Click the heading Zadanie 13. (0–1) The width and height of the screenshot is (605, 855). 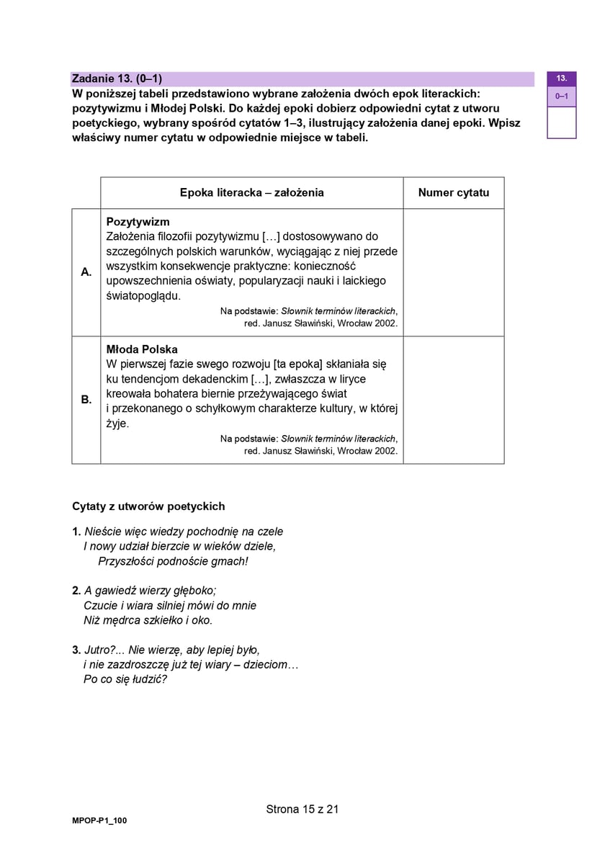[117, 79]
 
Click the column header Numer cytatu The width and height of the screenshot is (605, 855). [453, 192]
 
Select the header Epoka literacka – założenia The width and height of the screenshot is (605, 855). [251, 192]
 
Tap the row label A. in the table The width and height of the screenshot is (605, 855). [86, 272]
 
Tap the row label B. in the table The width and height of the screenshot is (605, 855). [86, 400]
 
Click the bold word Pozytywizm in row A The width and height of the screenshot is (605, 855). [138, 222]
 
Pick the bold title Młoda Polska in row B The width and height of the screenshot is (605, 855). [142, 349]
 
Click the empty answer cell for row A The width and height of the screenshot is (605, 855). [453, 272]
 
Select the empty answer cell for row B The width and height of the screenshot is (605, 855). [453, 400]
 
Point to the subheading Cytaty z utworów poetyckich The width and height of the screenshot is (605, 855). [148, 506]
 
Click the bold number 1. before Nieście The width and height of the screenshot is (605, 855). [76, 532]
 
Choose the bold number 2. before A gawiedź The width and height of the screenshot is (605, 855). [76, 591]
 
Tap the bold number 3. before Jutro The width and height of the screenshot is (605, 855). [76, 650]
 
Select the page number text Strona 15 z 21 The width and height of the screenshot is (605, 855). [302, 809]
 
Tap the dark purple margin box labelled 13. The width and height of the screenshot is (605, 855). [561, 79]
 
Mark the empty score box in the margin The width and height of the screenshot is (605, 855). [561, 122]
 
